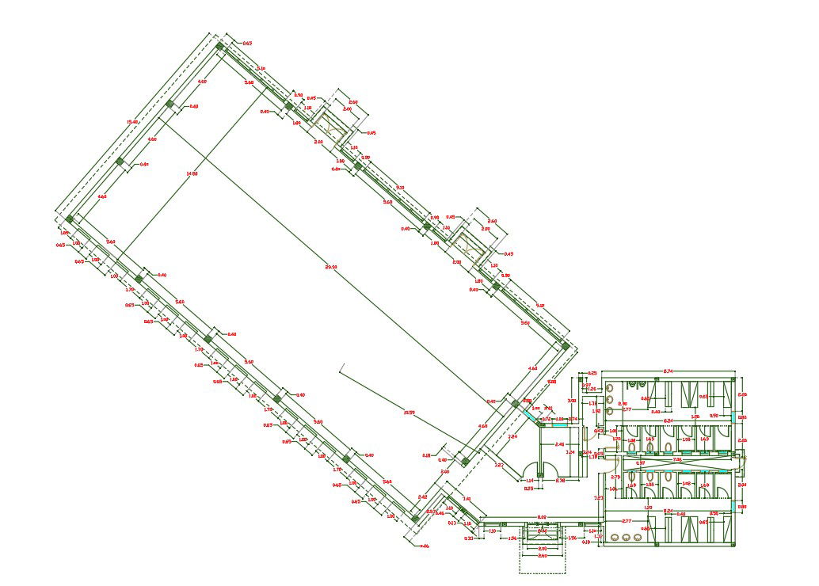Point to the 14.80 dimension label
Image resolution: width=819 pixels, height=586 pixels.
(x=191, y=173)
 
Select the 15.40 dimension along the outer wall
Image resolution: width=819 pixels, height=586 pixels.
(x=132, y=122)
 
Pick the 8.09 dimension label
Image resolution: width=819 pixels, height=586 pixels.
(x=542, y=517)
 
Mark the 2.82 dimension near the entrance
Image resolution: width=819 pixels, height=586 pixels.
(x=499, y=464)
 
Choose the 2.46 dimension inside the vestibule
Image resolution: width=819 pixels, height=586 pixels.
(x=560, y=444)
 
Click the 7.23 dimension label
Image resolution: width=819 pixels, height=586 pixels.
(x=599, y=497)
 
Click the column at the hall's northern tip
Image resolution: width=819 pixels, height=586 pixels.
(x=220, y=46)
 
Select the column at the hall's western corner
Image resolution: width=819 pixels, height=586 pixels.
(x=70, y=219)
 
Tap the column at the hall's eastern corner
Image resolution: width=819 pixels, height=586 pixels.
(x=565, y=345)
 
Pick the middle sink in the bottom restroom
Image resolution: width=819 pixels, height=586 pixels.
(x=626, y=538)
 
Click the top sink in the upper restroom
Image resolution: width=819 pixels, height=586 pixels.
(x=612, y=387)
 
